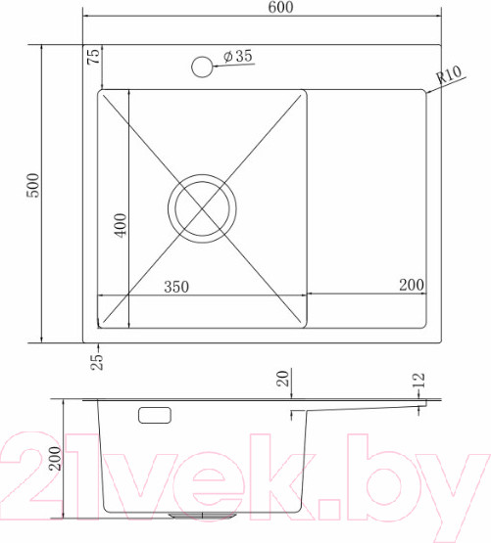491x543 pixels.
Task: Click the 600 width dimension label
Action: tap(280, 7)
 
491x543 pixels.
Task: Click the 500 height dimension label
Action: tap(33, 185)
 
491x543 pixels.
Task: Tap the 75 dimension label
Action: tap(93, 57)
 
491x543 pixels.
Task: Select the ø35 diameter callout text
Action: tap(238, 56)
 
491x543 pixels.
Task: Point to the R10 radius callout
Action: tap(449, 74)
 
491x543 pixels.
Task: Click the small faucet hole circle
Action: tap(202, 67)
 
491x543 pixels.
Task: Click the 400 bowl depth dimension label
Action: tap(121, 225)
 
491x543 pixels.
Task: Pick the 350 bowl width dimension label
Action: tap(176, 287)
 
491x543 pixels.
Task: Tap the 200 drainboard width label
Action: tap(412, 285)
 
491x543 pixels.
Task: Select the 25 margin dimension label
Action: tap(97, 362)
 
